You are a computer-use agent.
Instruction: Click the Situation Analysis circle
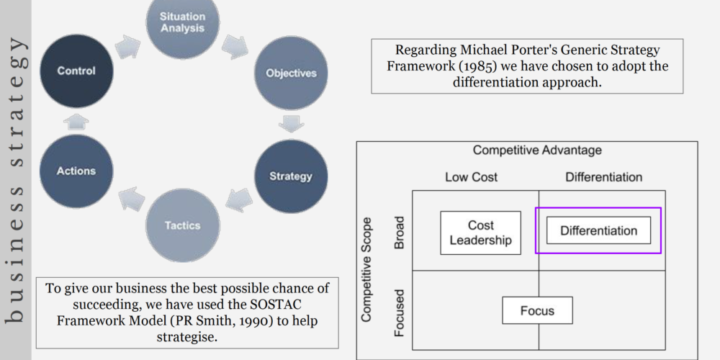[183, 22]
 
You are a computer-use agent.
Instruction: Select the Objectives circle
[291, 73]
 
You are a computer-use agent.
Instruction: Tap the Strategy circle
[291, 176]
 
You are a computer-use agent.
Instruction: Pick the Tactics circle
[183, 225]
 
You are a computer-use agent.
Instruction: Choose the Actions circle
[76, 171]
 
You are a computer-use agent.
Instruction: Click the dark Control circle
[76, 71]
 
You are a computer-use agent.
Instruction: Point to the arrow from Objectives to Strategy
[291, 124]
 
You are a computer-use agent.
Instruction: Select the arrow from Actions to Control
[76, 122]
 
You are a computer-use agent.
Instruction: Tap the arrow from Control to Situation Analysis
[127, 46]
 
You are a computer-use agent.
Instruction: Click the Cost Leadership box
[480, 233]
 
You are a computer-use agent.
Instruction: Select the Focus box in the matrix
[537, 310]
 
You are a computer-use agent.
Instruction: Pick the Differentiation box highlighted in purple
[598, 230]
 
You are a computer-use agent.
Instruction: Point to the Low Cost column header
[471, 177]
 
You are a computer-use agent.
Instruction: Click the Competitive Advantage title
[537, 150]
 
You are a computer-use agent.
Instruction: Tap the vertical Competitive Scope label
[366, 269]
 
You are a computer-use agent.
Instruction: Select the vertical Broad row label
[400, 233]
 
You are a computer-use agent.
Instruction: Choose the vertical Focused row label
[400, 313]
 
